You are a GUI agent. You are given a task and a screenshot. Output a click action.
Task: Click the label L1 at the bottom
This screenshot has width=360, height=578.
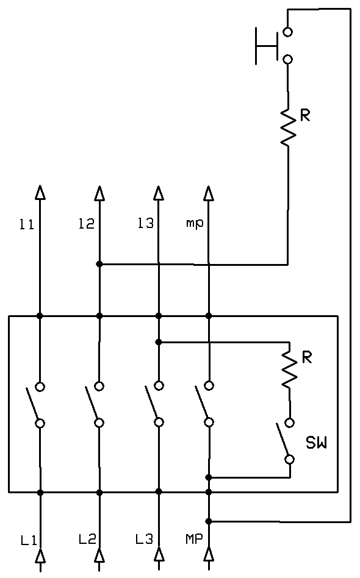point(29,540)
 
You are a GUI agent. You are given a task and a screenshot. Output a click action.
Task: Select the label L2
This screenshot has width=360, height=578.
point(87,540)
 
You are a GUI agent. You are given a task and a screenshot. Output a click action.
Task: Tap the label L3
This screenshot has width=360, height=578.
point(144,540)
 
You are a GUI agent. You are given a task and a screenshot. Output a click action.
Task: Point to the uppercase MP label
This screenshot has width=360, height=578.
point(194,540)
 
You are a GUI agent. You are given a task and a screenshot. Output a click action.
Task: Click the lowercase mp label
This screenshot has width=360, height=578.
point(195,224)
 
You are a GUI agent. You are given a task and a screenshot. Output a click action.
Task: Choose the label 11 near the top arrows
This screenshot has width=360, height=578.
point(27,224)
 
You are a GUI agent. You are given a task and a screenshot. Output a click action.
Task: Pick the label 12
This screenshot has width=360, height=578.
point(86,223)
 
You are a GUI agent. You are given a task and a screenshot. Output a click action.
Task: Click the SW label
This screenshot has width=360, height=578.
point(316,443)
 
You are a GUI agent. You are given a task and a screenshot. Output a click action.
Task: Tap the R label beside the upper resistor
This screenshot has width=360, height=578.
point(305,116)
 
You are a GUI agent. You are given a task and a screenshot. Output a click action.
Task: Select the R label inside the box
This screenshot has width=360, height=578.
point(307,357)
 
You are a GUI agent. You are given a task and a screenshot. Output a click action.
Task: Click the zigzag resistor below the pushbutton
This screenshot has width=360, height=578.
point(288,126)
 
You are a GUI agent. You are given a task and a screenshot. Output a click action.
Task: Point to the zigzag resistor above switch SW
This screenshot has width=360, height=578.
point(290,369)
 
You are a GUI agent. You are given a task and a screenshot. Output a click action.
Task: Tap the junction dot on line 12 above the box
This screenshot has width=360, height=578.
point(99,264)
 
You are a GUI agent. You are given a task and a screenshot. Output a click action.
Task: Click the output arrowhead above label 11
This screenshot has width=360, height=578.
point(40,193)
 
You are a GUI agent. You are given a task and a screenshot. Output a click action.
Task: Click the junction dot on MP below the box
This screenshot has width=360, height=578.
point(209,521)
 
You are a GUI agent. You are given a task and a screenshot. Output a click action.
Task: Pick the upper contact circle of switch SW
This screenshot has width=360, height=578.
point(290,423)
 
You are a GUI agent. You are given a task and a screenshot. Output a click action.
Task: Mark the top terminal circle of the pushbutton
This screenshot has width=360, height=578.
point(288,32)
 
